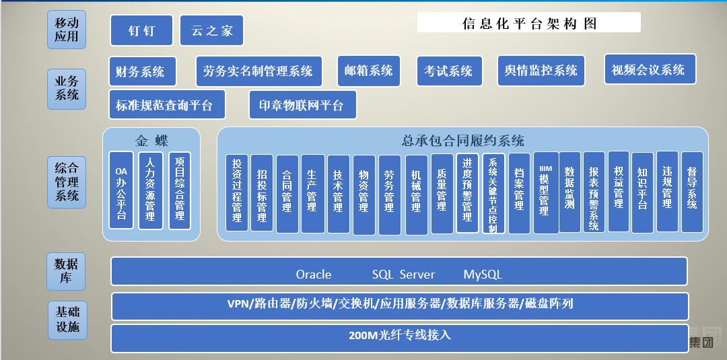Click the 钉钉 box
tap(141, 30)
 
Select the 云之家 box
tap(211, 30)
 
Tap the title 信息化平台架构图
tap(529, 24)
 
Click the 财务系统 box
tap(142, 71)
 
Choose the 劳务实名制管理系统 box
tap(258, 71)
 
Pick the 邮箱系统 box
tap(368, 71)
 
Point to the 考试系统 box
tap(448, 71)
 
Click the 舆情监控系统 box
tap(541, 71)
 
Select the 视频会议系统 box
tap(649, 69)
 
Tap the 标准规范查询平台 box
tap(166, 105)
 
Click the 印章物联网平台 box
tap(302, 105)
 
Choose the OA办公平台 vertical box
tap(121, 190)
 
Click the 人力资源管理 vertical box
tap(150, 190)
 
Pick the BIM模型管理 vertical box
tap(545, 192)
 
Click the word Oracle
tap(314, 275)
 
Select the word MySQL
tap(483, 275)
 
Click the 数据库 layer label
tap(66, 271)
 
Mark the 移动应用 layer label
tap(67, 30)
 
